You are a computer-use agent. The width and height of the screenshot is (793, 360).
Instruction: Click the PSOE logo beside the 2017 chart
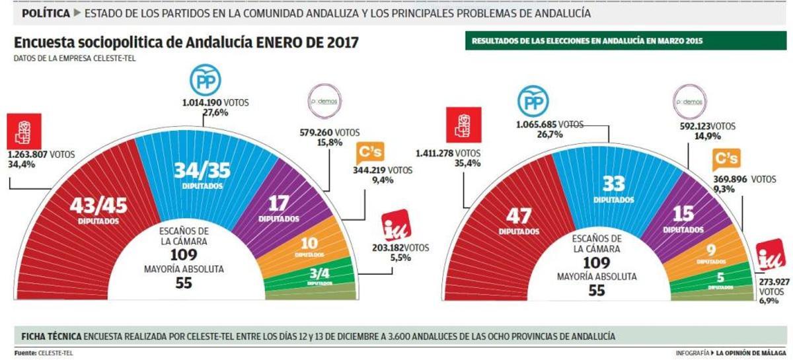click(x=24, y=130)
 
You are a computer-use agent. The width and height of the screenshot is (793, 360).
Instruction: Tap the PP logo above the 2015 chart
click(x=533, y=102)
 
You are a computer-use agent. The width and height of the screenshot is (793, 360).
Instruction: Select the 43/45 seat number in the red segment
click(x=98, y=206)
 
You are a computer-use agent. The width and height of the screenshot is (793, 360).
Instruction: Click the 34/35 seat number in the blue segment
click(x=203, y=171)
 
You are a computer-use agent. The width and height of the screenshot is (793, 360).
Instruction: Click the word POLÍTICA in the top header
click(x=46, y=13)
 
